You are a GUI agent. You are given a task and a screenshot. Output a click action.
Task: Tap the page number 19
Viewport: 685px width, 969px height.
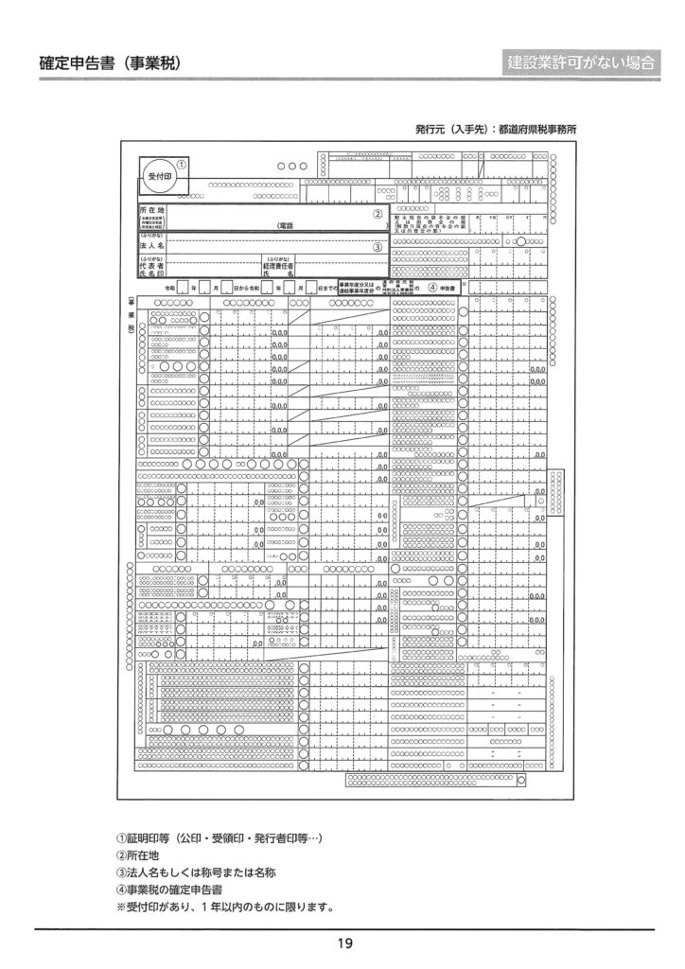(x=343, y=943)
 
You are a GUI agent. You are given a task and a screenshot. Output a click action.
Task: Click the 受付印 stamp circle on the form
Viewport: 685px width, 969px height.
(x=158, y=177)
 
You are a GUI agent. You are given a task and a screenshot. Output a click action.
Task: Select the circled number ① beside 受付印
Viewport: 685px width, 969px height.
(x=181, y=163)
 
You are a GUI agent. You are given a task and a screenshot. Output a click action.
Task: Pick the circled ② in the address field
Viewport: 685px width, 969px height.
(x=377, y=214)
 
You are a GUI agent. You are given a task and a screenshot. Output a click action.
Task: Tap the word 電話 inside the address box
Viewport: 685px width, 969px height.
(x=285, y=226)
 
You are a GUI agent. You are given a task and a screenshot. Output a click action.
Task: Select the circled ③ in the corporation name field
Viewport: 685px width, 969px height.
(x=377, y=248)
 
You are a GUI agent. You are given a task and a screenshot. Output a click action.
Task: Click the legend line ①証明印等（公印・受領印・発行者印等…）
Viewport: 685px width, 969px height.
(x=220, y=837)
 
